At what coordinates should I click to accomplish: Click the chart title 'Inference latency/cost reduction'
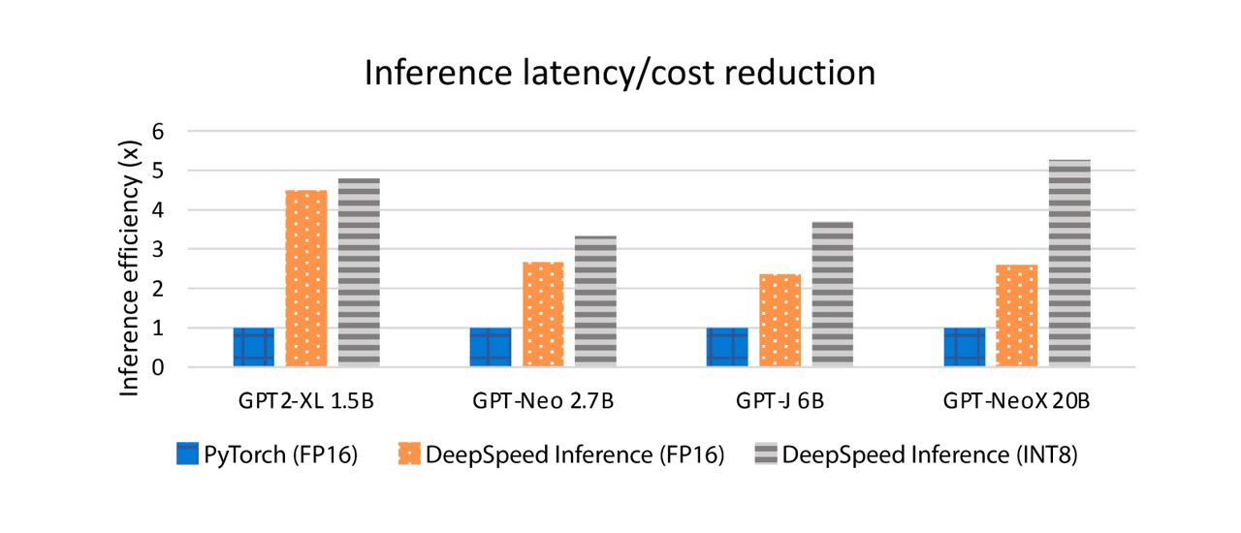(620, 74)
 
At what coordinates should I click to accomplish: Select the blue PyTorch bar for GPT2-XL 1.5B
(253, 347)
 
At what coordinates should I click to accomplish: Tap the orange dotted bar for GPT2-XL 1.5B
(305, 278)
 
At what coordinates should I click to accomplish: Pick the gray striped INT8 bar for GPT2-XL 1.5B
(359, 272)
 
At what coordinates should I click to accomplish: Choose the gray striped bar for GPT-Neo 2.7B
(595, 301)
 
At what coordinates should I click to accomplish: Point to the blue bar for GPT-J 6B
(727, 347)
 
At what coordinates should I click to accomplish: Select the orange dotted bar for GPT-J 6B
(780, 320)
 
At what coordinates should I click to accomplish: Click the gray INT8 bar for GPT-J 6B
(832, 294)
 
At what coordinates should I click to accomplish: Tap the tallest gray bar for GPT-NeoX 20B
(1069, 263)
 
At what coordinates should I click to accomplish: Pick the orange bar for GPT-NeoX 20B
(1016, 316)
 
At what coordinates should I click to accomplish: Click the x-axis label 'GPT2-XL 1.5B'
(306, 402)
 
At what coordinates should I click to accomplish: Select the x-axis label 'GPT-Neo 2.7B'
(543, 402)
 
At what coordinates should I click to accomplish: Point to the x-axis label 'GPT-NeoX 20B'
(1016, 402)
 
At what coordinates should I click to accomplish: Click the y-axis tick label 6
(157, 131)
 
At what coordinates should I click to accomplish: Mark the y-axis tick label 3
(157, 249)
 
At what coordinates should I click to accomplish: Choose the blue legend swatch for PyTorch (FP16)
(187, 455)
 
